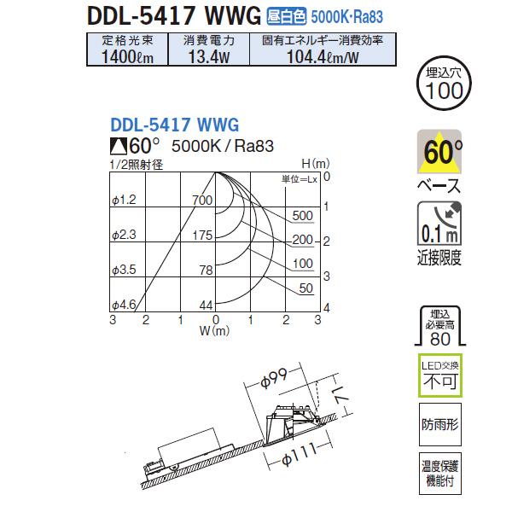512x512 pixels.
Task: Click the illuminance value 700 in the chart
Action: (202, 201)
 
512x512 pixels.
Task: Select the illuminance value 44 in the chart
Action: (205, 305)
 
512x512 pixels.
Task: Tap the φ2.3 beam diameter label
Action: (124, 235)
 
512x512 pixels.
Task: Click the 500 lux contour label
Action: (302, 215)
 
